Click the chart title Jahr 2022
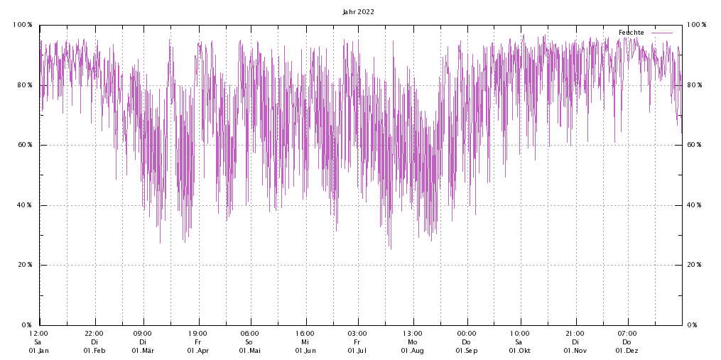tap(358, 11)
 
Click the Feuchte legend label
tap(631, 33)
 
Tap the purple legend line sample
tap(662, 33)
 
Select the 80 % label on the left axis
tap(25, 85)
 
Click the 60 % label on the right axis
tap(695, 145)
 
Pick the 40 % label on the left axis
tap(25, 205)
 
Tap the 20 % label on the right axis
tap(695, 265)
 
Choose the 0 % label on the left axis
tap(26, 324)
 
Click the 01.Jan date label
tap(39, 351)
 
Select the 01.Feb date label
tap(94, 351)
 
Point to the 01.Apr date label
tap(197, 351)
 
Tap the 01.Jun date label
tap(305, 351)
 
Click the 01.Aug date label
tap(412, 351)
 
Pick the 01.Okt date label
tap(519, 351)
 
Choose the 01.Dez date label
tap(627, 351)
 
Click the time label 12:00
tap(39, 333)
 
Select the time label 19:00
tap(197, 333)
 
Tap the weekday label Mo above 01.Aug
tap(412, 342)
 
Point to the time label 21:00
tap(575, 333)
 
